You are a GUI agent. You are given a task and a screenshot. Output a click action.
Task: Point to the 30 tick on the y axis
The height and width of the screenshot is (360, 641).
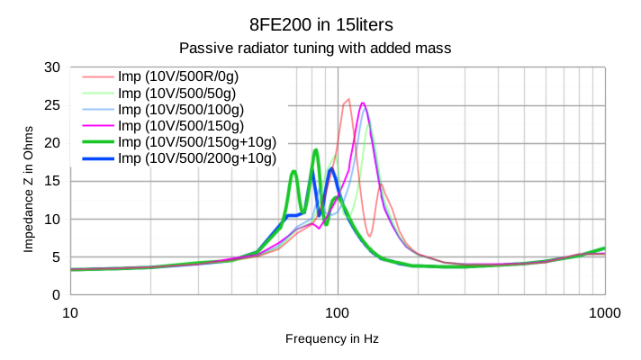[52, 67]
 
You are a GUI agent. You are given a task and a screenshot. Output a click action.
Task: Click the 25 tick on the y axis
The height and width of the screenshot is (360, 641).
[52, 105]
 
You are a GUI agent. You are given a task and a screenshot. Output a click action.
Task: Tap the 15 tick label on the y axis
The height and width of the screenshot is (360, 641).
[52, 181]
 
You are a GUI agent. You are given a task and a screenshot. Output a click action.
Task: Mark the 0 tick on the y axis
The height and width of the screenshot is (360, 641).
[56, 294]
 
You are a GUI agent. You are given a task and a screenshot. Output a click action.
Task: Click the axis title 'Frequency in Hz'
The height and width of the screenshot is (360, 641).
[331, 339]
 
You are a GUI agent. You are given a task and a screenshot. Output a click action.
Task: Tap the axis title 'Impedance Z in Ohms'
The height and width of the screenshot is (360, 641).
[28, 182]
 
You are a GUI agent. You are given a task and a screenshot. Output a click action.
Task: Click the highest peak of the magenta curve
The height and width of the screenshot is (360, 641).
[362, 103]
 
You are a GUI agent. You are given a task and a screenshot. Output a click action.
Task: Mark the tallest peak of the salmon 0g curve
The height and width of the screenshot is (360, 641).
[348, 99]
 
